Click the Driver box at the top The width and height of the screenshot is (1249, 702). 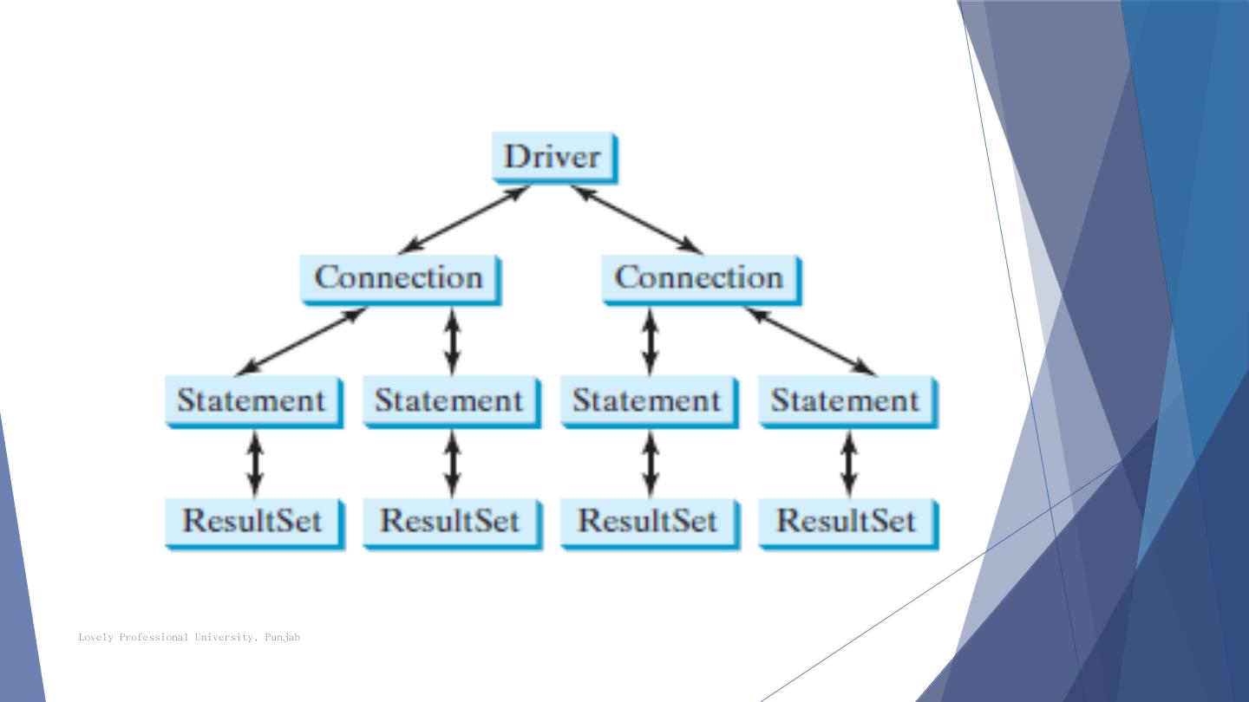coord(554,157)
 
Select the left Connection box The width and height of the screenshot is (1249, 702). coord(400,278)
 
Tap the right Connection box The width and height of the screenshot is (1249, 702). coord(700,278)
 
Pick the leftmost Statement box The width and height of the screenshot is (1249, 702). coord(252,400)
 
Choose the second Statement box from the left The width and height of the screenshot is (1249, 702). coord(450,400)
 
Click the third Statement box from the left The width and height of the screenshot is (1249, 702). coord(648,400)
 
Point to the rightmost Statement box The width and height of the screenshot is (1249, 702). coord(846,400)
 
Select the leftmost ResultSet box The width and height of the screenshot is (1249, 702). coord(252,522)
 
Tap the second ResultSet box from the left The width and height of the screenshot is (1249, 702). coord(450,522)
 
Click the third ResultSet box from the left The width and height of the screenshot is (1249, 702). coord(648,522)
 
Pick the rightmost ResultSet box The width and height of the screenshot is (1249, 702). coord(846,522)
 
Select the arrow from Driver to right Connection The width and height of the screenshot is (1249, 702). coord(637,218)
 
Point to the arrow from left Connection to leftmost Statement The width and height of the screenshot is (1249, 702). coord(303,341)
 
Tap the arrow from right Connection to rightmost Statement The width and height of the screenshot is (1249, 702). coord(810,341)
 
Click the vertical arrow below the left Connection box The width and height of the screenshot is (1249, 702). coord(452,341)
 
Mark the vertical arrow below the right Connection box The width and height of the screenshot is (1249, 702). coord(651,341)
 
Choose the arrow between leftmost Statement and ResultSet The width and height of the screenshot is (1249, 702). coord(254,463)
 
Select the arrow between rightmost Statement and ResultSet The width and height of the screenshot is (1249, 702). coord(849,463)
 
